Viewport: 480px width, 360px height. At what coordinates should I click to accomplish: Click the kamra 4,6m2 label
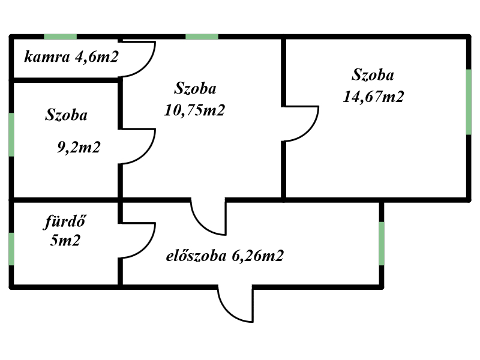pyautogui.click(x=71, y=57)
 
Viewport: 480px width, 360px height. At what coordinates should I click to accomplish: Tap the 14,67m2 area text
pyautogui.click(x=373, y=97)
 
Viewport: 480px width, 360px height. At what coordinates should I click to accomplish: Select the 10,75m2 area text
pyautogui.click(x=194, y=110)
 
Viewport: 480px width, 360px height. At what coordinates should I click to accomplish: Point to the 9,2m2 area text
pyautogui.click(x=79, y=147)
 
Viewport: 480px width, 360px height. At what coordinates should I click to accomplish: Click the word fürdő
pyautogui.click(x=65, y=221)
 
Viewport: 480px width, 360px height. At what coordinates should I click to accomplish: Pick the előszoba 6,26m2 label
pyautogui.click(x=225, y=256)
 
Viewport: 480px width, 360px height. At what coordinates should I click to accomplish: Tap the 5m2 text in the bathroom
pyautogui.click(x=65, y=241)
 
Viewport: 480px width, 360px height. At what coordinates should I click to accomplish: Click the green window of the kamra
pyautogui.click(x=61, y=37)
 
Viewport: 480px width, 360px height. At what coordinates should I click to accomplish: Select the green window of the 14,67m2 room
pyautogui.click(x=469, y=102)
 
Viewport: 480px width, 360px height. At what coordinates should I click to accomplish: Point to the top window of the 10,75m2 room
pyautogui.click(x=202, y=37)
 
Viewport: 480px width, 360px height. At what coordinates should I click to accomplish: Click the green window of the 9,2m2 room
pyautogui.click(x=11, y=134)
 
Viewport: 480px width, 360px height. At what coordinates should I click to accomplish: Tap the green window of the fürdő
pyautogui.click(x=11, y=249)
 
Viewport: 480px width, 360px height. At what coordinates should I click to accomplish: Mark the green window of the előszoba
pyautogui.click(x=382, y=244)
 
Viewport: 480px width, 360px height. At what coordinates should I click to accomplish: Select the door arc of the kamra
pyautogui.click(x=137, y=58)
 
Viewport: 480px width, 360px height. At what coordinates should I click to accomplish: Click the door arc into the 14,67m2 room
pyautogui.click(x=301, y=124)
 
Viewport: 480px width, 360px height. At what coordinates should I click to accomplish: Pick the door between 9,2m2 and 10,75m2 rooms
pyautogui.click(x=137, y=146)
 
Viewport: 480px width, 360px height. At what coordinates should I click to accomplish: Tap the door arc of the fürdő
pyautogui.click(x=137, y=240)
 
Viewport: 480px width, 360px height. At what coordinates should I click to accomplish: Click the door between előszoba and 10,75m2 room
pyautogui.click(x=208, y=217)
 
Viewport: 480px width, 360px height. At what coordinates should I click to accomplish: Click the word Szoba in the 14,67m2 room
pyautogui.click(x=373, y=74)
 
